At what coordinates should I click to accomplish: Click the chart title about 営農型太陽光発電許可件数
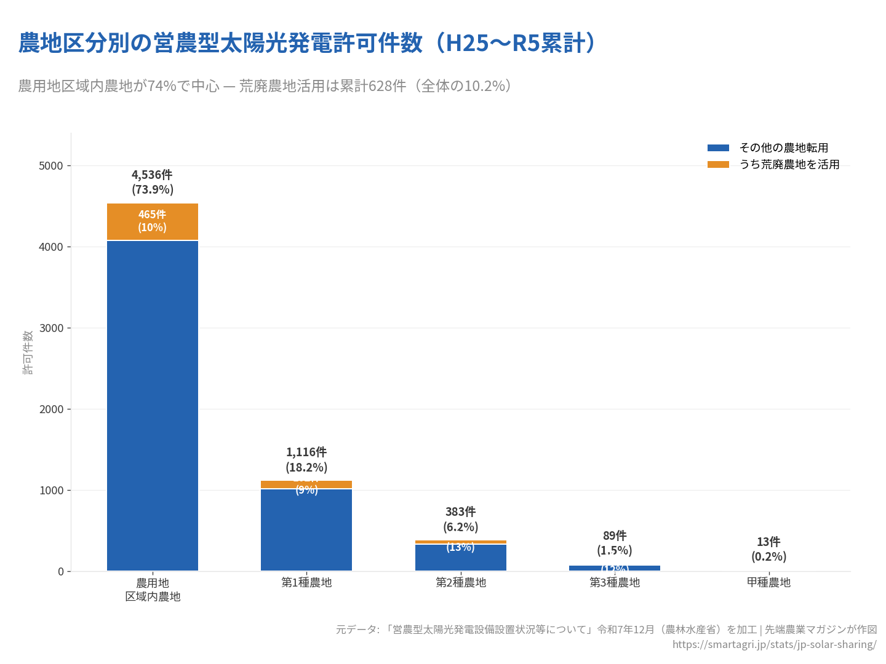(x=308, y=43)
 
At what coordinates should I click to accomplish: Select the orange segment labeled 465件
(x=153, y=221)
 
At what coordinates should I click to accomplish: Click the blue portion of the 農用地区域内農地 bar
(x=153, y=406)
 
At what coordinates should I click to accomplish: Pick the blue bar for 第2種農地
(x=461, y=558)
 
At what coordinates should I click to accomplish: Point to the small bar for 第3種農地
(x=615, y=568)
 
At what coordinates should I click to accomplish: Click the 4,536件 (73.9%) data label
(x=153, y=182)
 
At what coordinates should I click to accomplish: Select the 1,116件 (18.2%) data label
(x=306, y=460)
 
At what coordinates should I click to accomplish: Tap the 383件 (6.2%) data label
(x=461, y=520)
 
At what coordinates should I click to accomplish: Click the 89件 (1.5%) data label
(x=615, y=543)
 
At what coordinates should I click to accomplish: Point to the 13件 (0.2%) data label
(x=768, y=549)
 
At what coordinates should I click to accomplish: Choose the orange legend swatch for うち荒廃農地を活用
(x=718, y=164)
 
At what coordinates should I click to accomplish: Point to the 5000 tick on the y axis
(x=51, y=166)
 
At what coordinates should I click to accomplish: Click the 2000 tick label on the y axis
(x=51, y=409)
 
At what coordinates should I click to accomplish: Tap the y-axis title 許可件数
(x=28, y=352)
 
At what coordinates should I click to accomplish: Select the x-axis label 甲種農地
(x=768, y=582)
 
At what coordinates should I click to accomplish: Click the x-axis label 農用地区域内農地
(x=153, y=590)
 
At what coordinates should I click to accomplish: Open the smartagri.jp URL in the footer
(x=774, y=644)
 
